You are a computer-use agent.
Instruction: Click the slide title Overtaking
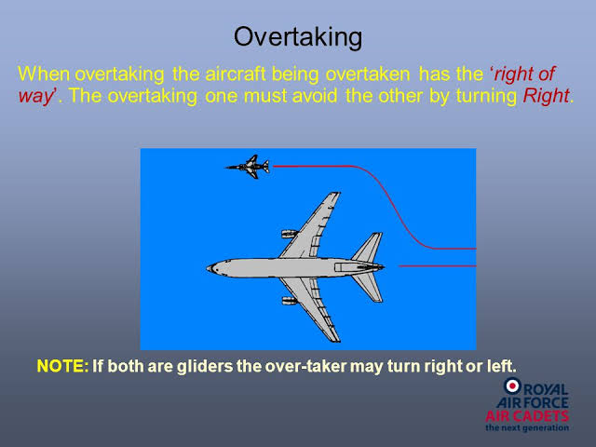tap(298, 37)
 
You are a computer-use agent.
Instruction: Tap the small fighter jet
tap(248, 167)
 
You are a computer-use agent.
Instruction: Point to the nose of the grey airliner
tap(209, 268)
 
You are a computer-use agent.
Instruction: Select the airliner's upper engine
tap(290, 234)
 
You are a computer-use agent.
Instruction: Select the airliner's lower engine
tap(290, 301)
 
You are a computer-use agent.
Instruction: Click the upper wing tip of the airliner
tap(335, 195)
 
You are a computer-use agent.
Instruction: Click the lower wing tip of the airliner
tap(334, 339)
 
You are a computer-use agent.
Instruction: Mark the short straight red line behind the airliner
tap(437, 266)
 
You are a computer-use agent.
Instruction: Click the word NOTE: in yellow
tap(62, 366)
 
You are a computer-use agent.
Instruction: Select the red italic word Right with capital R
tap(546, 96)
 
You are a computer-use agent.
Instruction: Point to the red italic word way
tap(35, 97)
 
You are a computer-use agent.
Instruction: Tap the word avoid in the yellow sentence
tap(315, 96)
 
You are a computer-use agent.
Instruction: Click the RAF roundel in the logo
tap(512, 386)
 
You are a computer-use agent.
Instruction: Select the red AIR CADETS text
tap(527, 416)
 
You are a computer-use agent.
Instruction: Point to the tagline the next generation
tap(527, 428)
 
